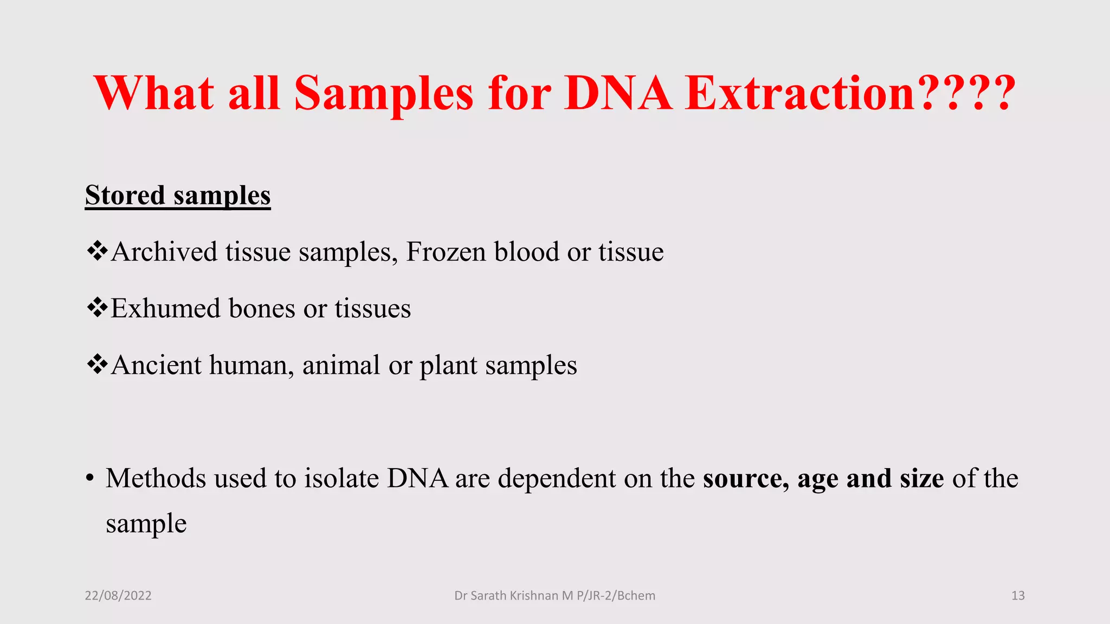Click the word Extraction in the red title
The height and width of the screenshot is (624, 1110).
coord(800,93)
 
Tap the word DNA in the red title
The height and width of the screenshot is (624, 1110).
coord(617,93)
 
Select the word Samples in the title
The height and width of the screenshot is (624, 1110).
coord(384,93)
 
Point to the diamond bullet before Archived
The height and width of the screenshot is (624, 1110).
coord(97,251)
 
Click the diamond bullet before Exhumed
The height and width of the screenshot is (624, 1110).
coord(97,308)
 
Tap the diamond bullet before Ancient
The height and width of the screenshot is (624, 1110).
coord(97,365)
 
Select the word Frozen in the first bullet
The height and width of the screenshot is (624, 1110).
coord(446,252)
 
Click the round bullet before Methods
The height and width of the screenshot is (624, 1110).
coord(90,479)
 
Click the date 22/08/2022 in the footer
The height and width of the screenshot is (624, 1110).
coord(118,596)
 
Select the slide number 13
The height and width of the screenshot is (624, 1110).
coord(1018,596)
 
